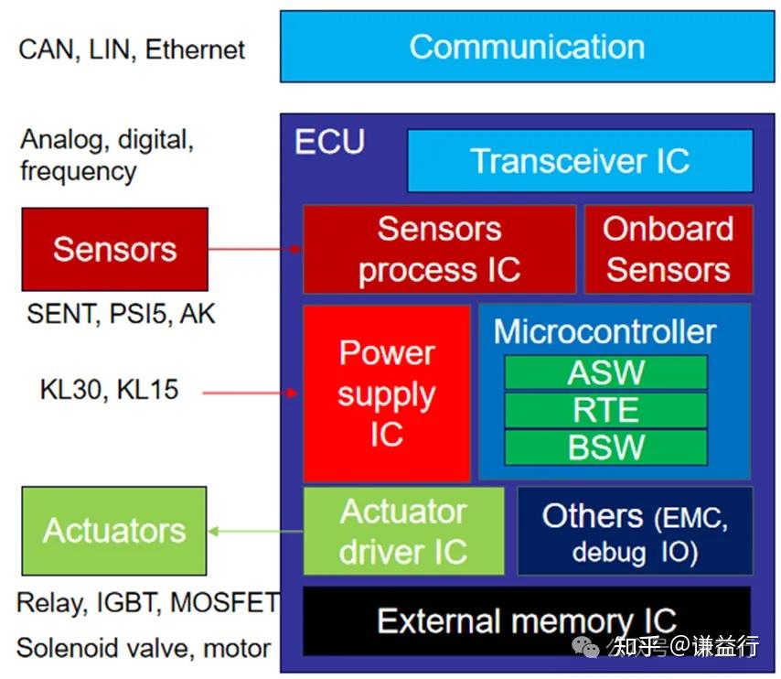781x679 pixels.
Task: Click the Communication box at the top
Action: click(527, 46)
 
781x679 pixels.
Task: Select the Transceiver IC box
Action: click(580, 161)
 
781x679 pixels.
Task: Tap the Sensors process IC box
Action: click(439, 249)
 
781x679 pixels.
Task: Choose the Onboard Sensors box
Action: click(668, 249)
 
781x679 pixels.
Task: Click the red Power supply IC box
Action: click(386, 393)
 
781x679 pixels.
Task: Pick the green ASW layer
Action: click(605, 372)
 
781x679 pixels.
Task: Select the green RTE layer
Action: click(605, 410)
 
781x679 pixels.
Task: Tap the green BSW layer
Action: click(605, 447)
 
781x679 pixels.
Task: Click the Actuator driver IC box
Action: click(403, 531)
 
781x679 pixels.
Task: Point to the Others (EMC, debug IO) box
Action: click(635, 531)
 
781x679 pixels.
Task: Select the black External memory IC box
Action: click(526, 620)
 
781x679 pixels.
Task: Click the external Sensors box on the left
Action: click(114, 249)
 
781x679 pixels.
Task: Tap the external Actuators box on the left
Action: click(114, 531)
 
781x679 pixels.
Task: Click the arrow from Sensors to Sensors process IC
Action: click(256, 248)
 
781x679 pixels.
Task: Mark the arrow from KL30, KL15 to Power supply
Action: click(251, 393)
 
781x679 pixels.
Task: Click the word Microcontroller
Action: click(604, 331)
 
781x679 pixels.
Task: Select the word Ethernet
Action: click(196, 48)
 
